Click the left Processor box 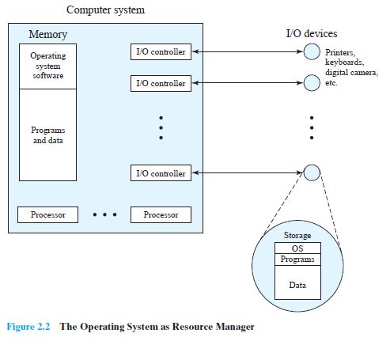pyautogui.click(x=48, y=214)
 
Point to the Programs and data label pyautogui.click(x=48, y=135)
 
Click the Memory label pyautogui.click(x=47, y=35)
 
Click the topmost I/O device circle pyautogui.click(x=311, y=52)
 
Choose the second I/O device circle pyautogui.click(x=311, y=83)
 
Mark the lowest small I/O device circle pyautogui.click(x=311, y=172)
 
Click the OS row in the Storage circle pyautogui.click(x=297, y=248)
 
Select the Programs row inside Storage pyautogui.click(x=297, y=259)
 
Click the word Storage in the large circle pyautogui.click(x=297, y=236)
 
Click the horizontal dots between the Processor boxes pyautogui.click(x=104, y=214)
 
